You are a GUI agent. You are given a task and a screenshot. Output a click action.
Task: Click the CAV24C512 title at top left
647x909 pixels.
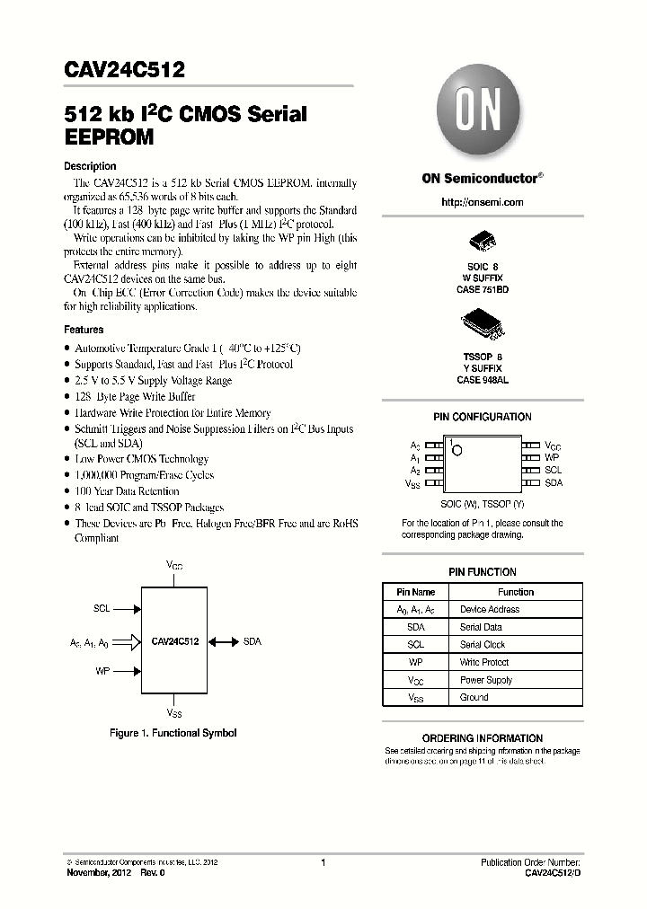pos(112,70)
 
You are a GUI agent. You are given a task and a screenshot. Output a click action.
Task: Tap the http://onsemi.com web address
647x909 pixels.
pos(482,202)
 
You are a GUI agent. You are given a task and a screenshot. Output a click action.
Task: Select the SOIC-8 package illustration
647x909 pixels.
pos(482,243)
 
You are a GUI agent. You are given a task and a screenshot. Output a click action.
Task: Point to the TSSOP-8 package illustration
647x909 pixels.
pos(482,324)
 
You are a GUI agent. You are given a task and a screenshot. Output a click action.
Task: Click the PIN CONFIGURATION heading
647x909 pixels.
pos(482,417)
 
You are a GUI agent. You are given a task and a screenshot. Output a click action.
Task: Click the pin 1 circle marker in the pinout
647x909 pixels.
pos(456,449)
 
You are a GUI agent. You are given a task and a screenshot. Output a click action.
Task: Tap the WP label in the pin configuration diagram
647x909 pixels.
pos(552,457)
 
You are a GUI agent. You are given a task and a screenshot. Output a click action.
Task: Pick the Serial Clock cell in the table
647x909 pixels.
pos(482,645)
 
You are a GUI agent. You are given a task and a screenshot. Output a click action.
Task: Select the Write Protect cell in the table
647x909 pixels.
pos(483,662)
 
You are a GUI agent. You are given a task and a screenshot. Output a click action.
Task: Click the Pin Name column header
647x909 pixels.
pos(415,592)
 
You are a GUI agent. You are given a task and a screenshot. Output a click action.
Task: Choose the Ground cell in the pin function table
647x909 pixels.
pos(474,697)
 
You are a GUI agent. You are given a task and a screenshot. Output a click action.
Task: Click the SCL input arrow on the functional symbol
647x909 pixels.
pos(127,608)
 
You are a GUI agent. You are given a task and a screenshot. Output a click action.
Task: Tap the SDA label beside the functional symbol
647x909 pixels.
pos(252,642)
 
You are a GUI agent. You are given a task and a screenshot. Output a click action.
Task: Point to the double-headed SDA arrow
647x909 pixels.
pos(223,642)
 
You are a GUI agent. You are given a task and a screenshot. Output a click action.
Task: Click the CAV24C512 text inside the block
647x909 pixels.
pos(175,642)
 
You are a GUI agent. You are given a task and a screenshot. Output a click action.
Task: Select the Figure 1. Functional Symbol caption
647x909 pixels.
pos(173,733)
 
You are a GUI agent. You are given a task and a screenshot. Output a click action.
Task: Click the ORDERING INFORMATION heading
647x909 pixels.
pos(482,737)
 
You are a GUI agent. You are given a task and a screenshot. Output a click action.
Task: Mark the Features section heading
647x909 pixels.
pos(84,330)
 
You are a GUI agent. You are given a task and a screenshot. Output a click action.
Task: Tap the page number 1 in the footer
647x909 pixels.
pos(322,862)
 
